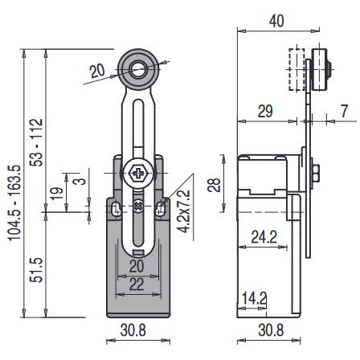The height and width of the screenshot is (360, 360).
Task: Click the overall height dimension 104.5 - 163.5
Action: click(14, 202)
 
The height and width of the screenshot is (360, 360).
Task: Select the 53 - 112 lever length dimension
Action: click(36, 142)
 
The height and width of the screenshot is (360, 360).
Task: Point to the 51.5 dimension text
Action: click(36, 270)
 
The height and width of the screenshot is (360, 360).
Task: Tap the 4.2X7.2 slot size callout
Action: click(184, 211)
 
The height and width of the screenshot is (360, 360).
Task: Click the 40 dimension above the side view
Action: click(276, 21)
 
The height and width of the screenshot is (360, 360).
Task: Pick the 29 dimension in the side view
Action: click(265, 111)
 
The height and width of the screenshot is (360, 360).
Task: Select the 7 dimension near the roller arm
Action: click(344, 111)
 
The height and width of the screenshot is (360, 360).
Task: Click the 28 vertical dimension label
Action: click(214, 185)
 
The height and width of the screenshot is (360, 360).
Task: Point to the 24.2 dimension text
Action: click(264, 237)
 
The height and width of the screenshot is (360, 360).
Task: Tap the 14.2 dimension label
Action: click(254, 298)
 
